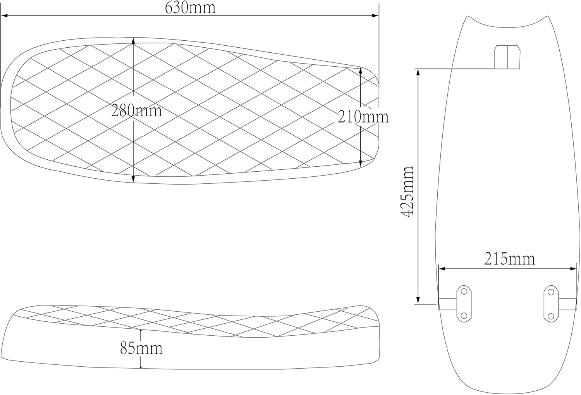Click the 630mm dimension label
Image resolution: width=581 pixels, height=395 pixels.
190,7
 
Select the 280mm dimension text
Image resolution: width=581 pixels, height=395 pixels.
136,111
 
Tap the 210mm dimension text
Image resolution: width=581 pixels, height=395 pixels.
363,116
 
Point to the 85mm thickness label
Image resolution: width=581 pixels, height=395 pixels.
141,348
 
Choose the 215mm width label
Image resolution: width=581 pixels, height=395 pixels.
509,259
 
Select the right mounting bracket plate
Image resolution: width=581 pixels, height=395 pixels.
550,304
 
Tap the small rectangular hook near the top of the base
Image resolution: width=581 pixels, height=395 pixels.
507,57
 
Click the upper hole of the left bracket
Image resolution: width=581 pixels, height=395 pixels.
464,291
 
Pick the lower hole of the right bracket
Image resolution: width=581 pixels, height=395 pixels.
550,316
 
